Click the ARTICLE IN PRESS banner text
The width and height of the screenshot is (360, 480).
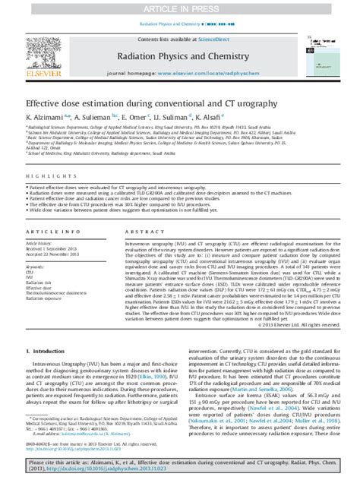(179, 8)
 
